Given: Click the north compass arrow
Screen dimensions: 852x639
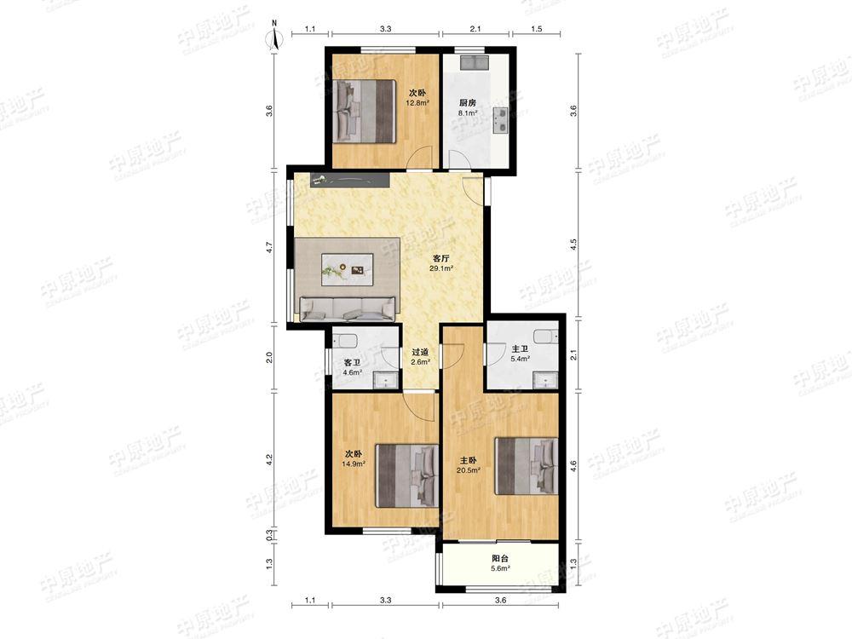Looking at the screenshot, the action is point(274,40).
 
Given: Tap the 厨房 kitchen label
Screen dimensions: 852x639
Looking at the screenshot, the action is point(468,103).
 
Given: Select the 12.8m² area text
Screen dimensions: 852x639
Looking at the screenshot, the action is point(418,102).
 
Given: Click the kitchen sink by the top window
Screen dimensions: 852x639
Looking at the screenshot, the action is point(475,62).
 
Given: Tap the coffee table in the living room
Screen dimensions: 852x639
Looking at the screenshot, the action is point(348,269).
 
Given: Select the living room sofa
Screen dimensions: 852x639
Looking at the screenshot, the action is point(348,308).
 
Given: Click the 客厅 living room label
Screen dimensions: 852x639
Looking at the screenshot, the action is point(440,259).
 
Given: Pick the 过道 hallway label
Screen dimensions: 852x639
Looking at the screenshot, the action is point(421,352).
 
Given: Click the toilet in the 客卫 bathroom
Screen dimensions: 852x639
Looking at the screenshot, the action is point(344,341).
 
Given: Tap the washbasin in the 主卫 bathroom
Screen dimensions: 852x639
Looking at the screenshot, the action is point(545,380).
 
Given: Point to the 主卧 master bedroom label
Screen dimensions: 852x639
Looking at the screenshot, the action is point(468,461).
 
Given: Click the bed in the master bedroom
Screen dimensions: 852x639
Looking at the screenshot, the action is point(526,466).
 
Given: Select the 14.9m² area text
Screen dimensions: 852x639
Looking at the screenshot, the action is point(354,464).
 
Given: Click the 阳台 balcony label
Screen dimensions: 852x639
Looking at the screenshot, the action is point(500,558).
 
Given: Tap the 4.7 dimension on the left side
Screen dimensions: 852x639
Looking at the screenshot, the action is point(269,248).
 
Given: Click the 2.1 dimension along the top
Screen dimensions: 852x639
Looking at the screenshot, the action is point(475,29).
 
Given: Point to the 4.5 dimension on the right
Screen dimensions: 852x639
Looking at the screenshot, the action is point(573,245).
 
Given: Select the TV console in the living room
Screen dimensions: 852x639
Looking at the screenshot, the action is point(350,181).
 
